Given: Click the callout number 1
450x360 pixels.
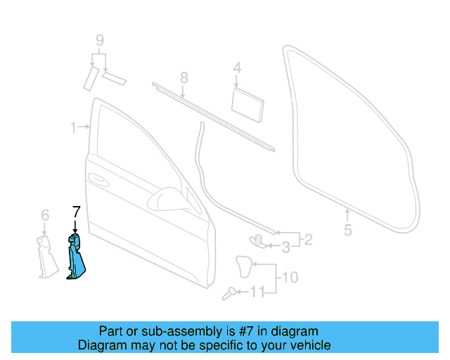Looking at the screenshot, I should coord(73,127).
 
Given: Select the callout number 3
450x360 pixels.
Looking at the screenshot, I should coord(285,247).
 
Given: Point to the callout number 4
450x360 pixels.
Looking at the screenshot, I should coord(237,68).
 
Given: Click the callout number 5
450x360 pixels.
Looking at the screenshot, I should coord(347,229).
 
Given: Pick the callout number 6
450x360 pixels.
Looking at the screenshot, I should coord(44,214).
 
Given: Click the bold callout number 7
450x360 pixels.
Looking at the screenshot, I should coord(76,210).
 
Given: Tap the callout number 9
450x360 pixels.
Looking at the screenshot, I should coord(100,39).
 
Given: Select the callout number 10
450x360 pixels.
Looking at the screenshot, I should coord(290,277).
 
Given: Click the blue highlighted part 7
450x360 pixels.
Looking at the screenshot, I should coord(75,258).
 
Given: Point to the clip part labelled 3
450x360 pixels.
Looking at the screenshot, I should coord(257,240).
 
